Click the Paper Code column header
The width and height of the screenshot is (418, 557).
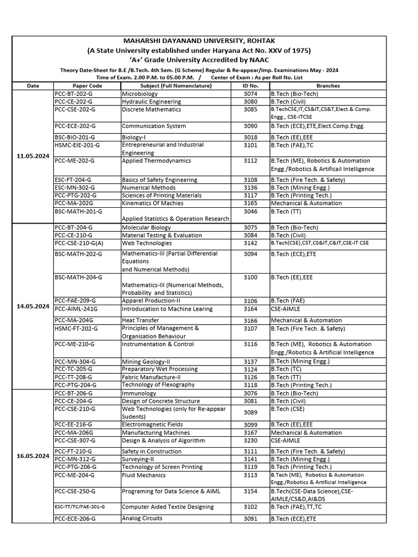click(87, 86)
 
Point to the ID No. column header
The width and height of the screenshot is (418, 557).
click(250, 86)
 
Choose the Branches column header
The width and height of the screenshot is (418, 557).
click(328, 86)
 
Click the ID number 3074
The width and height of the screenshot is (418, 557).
click(250, 94)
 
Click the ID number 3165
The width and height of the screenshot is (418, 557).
click(250, 203)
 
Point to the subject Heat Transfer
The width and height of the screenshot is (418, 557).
click(140, 320)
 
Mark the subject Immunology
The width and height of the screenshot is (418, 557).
click(139, 393)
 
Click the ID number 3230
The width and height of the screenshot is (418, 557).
click(250, 440)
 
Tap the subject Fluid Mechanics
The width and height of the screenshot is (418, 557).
click(144, 475)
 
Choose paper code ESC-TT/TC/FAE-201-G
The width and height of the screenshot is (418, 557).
click(80, 506)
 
